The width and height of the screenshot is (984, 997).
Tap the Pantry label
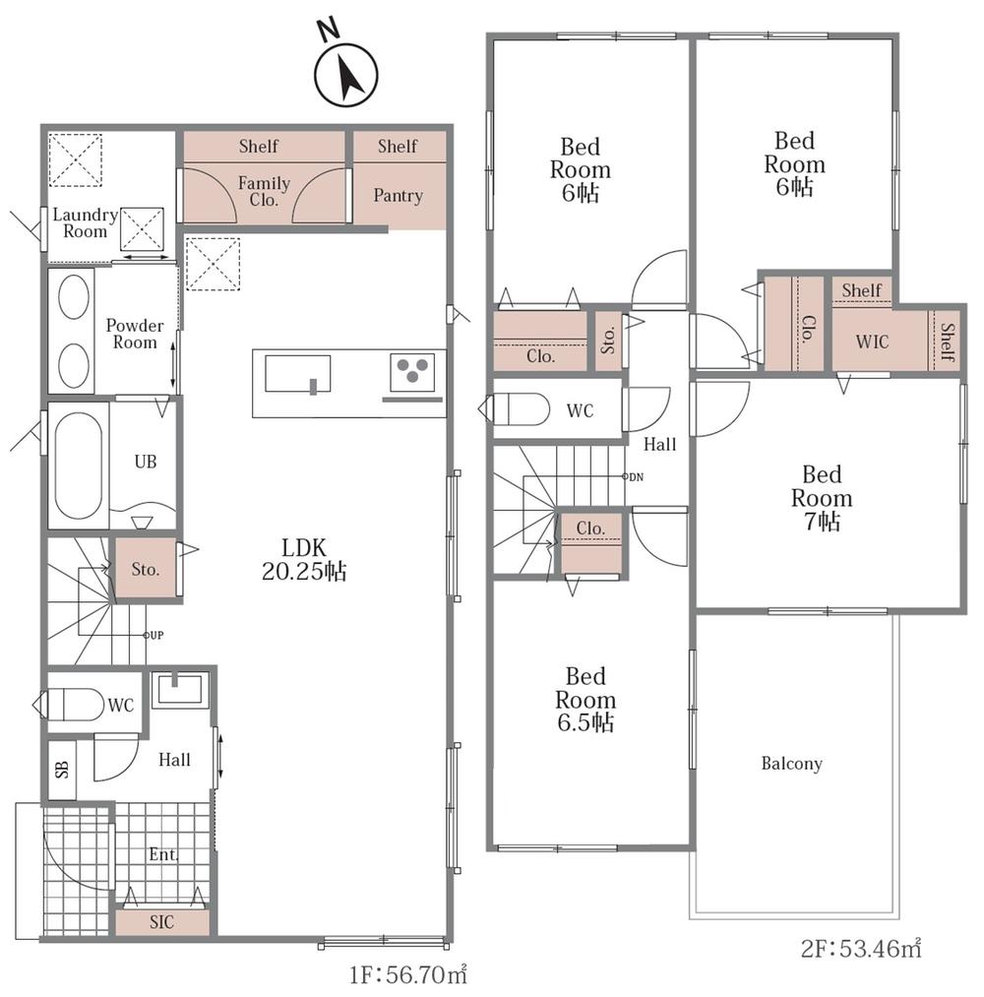(398, 195)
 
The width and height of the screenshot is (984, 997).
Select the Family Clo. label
(264, 191)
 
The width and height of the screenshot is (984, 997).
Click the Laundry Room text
(86, 223)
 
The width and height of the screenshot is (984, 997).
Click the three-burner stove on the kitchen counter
(412, 371)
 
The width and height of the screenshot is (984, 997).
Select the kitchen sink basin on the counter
(298, 374)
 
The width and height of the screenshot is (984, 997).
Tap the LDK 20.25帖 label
(304, 560)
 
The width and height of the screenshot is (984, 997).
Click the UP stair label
(154, 635)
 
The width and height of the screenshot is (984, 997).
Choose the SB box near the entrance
(62, 770)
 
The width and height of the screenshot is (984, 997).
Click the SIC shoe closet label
(161, 922)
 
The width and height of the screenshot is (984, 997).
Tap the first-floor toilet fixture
(69, 705)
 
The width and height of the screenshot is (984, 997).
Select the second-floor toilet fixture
(515, 408)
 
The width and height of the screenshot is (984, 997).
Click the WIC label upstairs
(872, 342)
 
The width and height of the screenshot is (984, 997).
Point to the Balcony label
(792, 763)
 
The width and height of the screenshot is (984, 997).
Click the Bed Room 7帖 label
(822, 498)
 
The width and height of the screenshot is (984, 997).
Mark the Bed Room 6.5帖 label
(585, 700)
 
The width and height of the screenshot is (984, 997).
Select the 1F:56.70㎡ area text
(408, 974)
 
